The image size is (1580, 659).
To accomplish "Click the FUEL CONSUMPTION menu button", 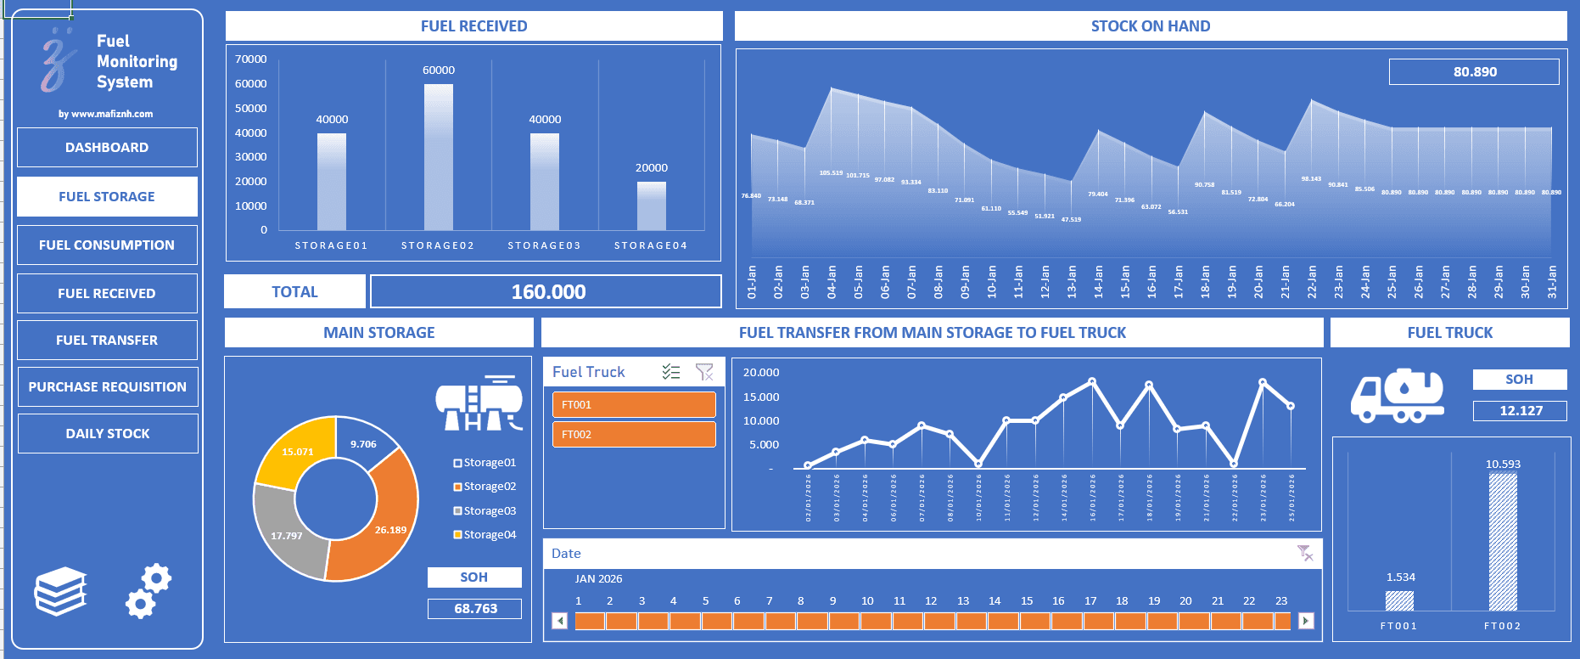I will (107, 245).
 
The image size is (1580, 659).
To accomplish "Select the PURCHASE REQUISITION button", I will (107, 386).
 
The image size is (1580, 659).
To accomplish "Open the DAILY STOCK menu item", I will (107, 433).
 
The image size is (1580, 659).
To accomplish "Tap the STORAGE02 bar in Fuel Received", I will (439, 157).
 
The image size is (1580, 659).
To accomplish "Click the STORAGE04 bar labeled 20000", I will (652, 206).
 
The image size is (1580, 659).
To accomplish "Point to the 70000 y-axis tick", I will (250, 59).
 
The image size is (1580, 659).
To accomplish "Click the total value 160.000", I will (547, 292).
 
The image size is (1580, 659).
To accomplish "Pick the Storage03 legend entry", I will (485, 510).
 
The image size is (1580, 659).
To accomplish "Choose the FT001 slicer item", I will (633, 405).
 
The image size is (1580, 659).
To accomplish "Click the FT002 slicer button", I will (633, 435).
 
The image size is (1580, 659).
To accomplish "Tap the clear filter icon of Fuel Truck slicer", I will (704, 372).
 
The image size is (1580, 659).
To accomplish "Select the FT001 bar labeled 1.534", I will (1399, 600).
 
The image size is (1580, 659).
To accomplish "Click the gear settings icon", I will (148, 590).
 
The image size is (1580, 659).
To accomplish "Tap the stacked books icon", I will (60, 590).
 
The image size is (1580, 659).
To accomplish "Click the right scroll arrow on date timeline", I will (1306, 621).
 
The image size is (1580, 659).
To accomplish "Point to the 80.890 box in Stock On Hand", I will (1474, 72).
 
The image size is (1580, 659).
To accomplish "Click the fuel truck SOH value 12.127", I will (1521, 411).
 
